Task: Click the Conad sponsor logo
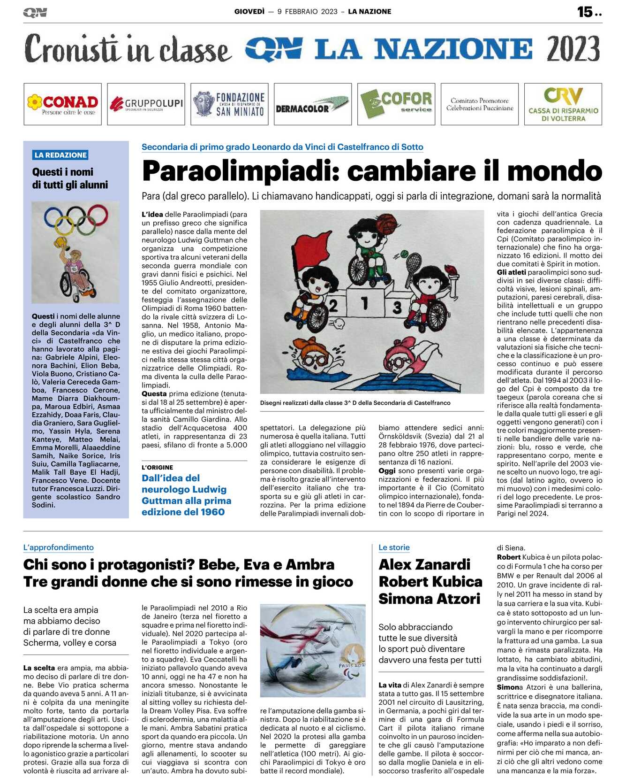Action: tap(62, 104)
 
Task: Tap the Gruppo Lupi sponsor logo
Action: tap(146, 104)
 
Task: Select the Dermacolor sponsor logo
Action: tap(312, 104)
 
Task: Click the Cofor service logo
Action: tap(396, 104)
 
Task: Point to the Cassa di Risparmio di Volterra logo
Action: tap(563, 104)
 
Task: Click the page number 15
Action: tap(585, 12)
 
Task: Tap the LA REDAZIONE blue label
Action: tap(60, 155)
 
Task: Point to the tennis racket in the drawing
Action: tap(414, 265)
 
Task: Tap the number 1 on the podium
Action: tap(364, 303)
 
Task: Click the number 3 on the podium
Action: tap(397, 308)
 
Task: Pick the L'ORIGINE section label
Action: tap(157, 468)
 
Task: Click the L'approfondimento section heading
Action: tap(59, 547)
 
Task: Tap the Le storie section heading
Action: tap(394, 547)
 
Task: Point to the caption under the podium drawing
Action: tap(355, 403)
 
